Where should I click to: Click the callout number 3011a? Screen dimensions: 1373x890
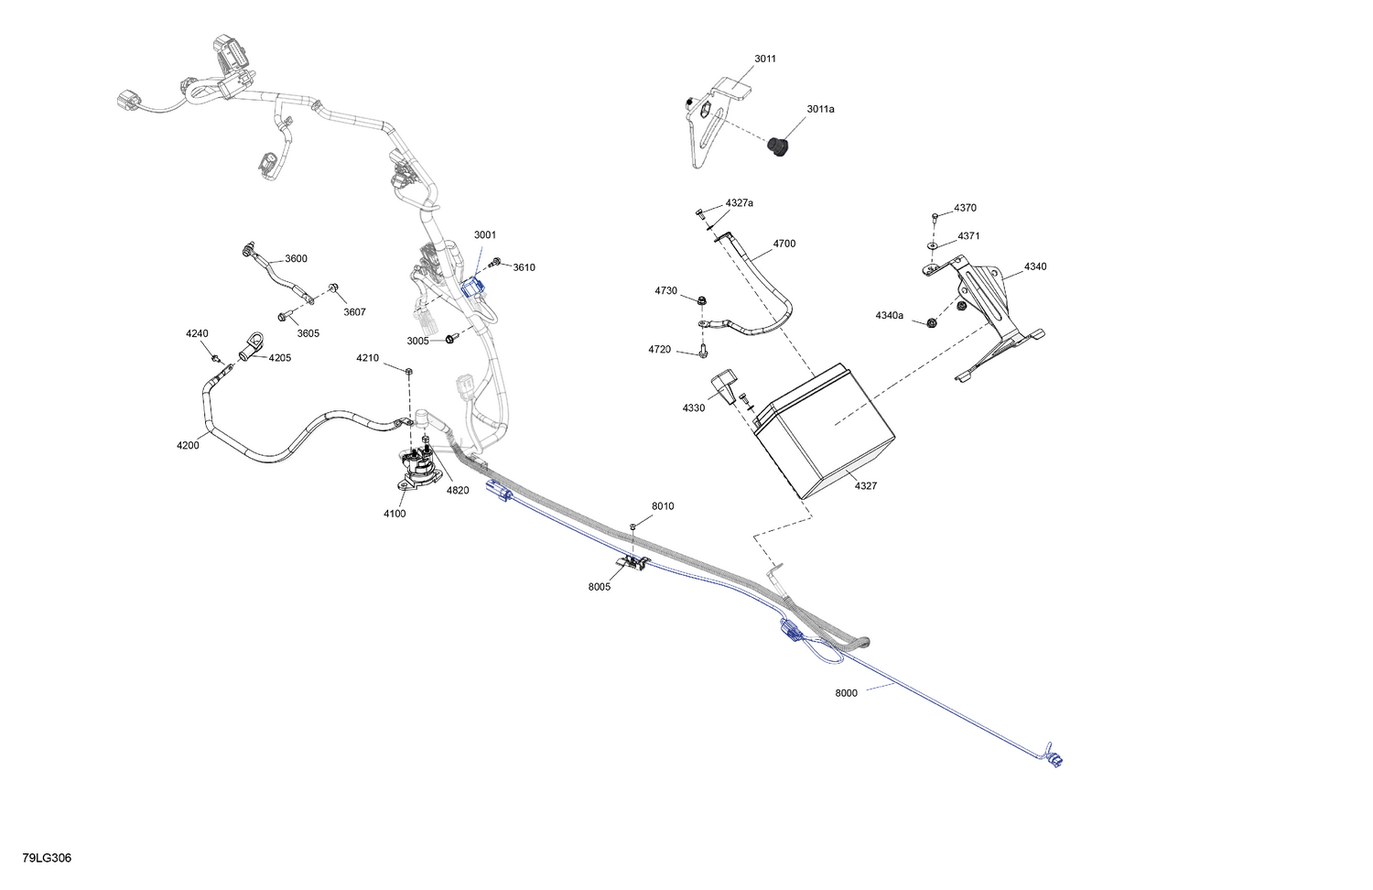(x=820, y=109)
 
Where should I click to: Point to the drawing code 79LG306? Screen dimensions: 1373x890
(x=47, y=858)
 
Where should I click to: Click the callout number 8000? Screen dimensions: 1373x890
(x=846, y=693)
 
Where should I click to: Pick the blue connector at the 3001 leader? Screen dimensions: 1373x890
(x=472, y=287)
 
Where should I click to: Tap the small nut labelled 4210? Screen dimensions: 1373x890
(x=409, y=371)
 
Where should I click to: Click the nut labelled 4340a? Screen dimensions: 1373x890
(x=931, y=323)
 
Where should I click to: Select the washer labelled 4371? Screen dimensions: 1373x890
(x=933, y=245)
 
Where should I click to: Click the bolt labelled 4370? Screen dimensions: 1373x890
(x=935, y=217)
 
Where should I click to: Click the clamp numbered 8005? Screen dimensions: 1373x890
(x=632, y=563)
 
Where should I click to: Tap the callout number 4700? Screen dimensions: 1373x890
(x=784, y=244)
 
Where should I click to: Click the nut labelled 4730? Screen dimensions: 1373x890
(x=702, y=299)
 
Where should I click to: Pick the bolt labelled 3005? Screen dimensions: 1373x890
(x=449, y=339)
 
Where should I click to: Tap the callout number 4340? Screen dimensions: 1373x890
(x=1035, y=266)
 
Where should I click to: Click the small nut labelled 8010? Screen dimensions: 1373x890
(x=632, y=526)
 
